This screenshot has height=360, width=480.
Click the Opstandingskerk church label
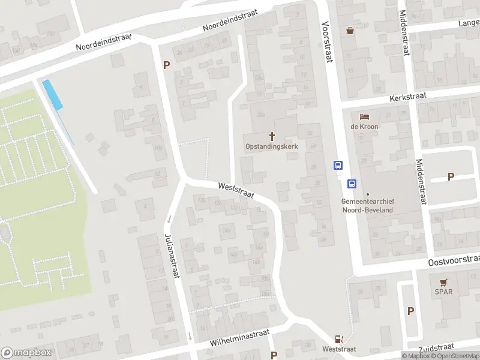[x=272, y=146]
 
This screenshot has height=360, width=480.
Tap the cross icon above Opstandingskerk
[x=272, y=136]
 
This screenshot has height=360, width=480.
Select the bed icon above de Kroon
[x=364, y=116]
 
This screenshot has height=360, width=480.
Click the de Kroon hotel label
[x=364, y=127]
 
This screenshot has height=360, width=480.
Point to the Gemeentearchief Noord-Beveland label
[x=367, y=206]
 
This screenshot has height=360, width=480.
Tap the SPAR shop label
[x=444, y=292]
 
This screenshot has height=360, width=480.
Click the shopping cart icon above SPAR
[x=444, y=282]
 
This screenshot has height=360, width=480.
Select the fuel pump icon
[x=339, y=339]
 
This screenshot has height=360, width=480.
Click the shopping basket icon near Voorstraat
[x=350, y=31]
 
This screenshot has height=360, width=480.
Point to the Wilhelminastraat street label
[x=240, y=337]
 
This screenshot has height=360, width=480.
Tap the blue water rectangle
[x=53, y=95]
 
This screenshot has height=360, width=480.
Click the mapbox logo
[x=26, y=353]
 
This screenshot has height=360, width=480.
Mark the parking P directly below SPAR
[x=410, y=311]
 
